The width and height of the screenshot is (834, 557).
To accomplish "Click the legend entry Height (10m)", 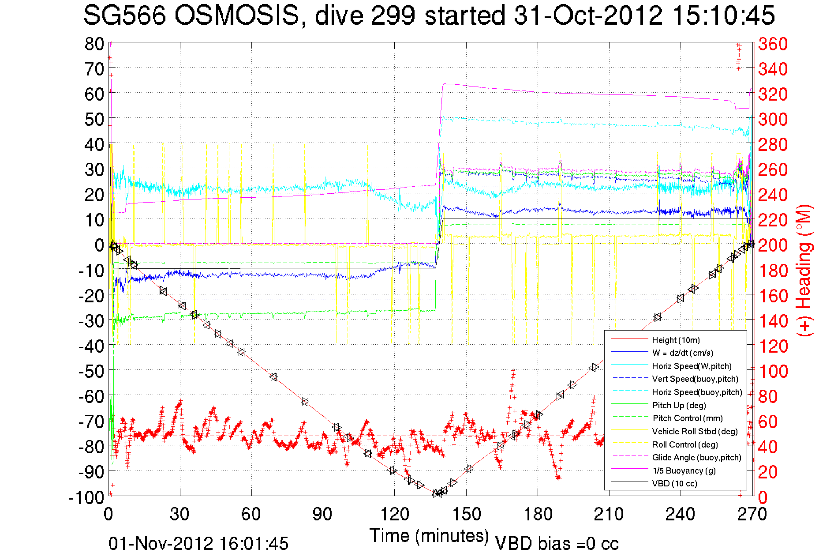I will click(x=676, y=340).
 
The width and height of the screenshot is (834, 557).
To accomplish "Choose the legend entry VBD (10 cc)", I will click(x=674, y=484).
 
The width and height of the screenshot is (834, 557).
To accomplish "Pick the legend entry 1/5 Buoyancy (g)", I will click(x=684, y=471).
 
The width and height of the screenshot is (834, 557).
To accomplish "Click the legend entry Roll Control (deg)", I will click(x=684, y=445).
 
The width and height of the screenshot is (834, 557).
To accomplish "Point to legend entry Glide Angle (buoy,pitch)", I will click(x=696, y=458).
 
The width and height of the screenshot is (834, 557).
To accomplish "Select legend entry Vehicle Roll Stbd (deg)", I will click(x=695, y=432).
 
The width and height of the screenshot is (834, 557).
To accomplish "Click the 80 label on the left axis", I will click(x=94, y=44).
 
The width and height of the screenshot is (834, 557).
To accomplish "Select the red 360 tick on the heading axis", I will click(x=773, y=44).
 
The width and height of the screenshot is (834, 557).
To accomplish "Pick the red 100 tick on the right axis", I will click(x=773, y=371).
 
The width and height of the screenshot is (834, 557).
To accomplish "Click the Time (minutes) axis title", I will click(x=429, y=536).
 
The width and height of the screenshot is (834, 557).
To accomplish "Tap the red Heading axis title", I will click(x=804, y=270).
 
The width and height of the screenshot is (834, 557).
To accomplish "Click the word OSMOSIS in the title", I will click(x=236, y=16).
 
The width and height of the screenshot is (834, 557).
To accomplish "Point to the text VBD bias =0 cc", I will click(x=557, y=544).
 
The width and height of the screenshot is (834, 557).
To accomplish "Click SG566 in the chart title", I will click(x=124, y=16).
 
